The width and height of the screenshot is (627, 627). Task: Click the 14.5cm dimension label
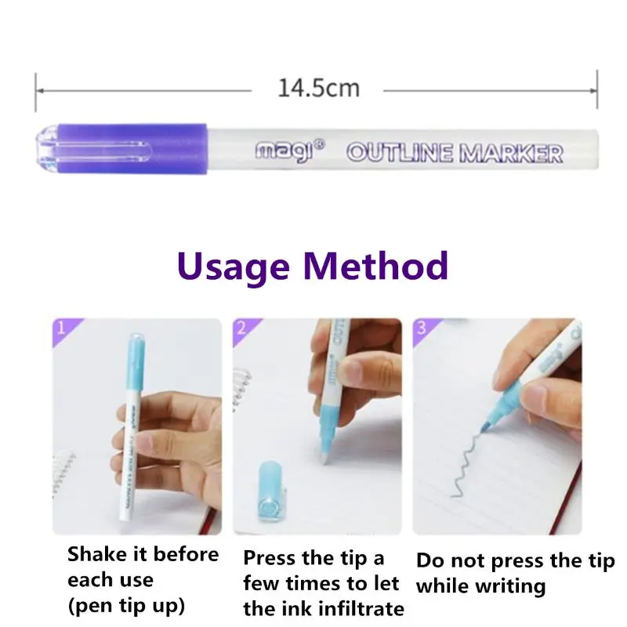318,88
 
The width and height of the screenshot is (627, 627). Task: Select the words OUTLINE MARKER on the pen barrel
455,152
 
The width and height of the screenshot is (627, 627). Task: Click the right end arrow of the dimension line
596,89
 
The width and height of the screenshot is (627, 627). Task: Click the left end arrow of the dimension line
38,89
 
